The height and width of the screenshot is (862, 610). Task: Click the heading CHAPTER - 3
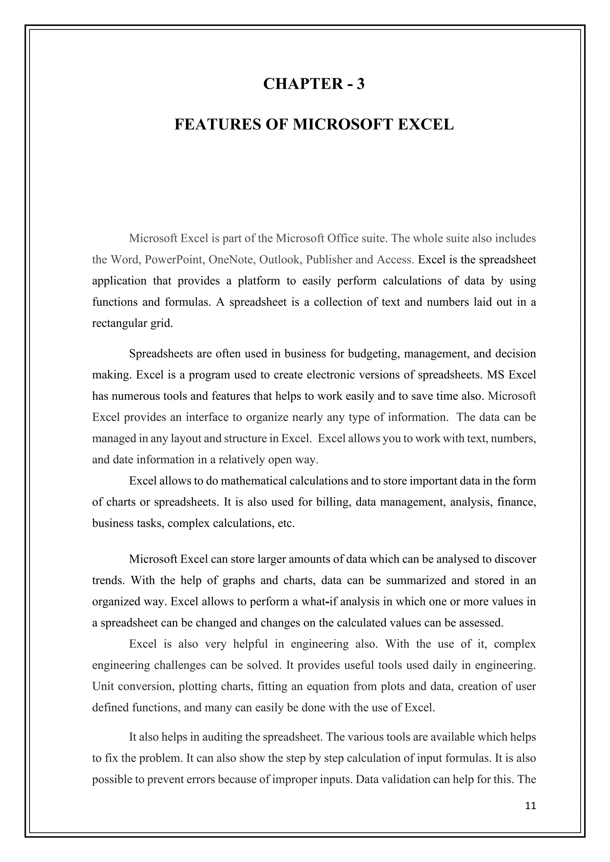(314, 84)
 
